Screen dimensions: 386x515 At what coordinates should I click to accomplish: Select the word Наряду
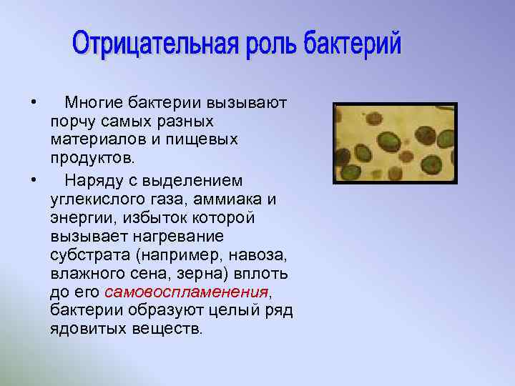pos(93,180)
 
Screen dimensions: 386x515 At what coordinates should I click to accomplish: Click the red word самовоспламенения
pos(186,292)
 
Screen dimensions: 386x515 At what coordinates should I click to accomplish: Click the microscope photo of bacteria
pos(394,143)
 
